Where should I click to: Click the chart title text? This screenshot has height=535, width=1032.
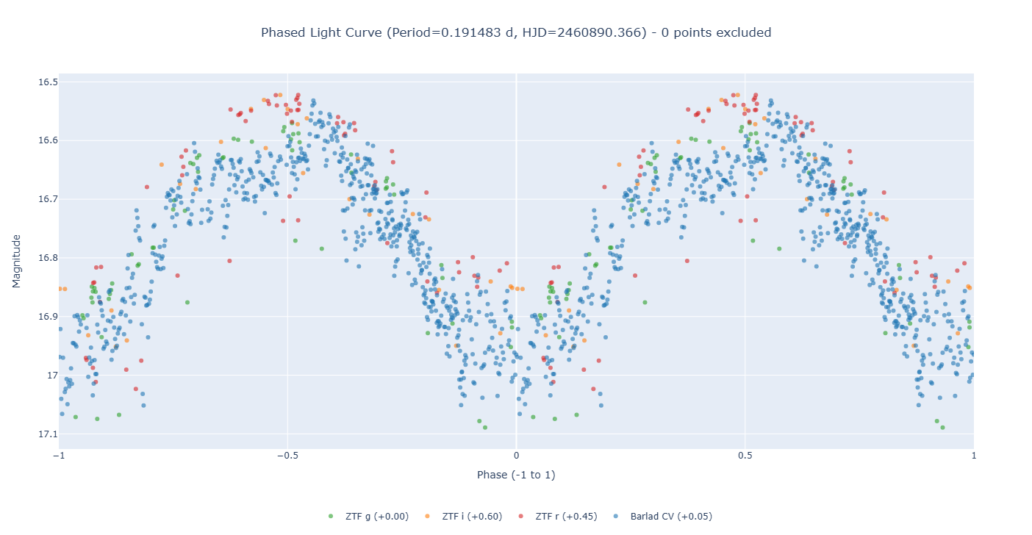tap(516, 32)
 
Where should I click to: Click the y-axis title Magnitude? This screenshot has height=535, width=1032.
tap(17, 261)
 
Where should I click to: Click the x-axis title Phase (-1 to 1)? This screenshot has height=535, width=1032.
tap(516, 475)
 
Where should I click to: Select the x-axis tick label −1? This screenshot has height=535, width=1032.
tap(60, 456)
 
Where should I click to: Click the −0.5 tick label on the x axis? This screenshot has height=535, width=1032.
tap(287, 456)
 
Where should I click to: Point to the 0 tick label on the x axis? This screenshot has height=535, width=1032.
tap(516, 456)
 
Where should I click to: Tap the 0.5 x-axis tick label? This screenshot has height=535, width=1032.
tap(745, 456)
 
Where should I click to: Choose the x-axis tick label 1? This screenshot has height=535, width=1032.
tap(973, 456)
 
